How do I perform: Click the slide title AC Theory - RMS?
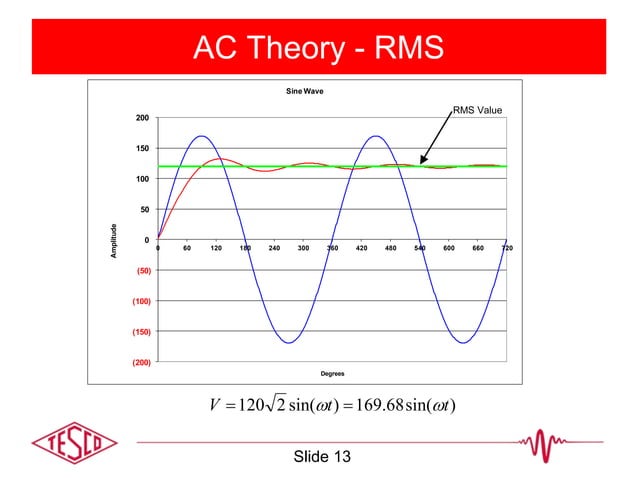pyautogui.click(x=319, y=47)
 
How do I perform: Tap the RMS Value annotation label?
pyautogui.click(x=477, y=110)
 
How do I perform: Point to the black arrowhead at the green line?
pyautogui.click(x=424, y=160)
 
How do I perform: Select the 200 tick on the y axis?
pyautogui.click(x=144, y=118)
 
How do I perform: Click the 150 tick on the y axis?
pyautogui.click(x=144, y=149)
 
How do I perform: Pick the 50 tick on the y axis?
pyautogui.click(x=146, y=209)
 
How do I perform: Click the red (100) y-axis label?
pyautogui.click(x=141, y=301)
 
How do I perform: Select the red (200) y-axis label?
pyautogui.click(x=141, y=362)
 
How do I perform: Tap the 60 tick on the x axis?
pyautogui.click(x=187, y=247)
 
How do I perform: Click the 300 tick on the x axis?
pyautogui.click(x=303, y=247)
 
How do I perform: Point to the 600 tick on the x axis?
pyautogui.click(x=449, y=247)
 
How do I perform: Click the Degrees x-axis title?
pyautogui.click(x=332, y=374)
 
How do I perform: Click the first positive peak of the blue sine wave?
pyautogui.click(x=201, y=136)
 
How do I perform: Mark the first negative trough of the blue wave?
pyautogui.click(x=288, y=343)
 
